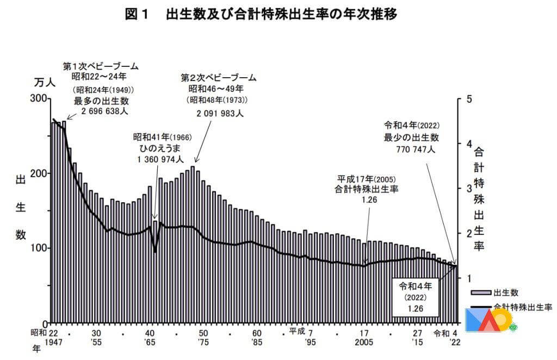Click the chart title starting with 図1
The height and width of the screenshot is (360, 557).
point(261,15)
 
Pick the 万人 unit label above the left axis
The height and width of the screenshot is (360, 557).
point(46,82)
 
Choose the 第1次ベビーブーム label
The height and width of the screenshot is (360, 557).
point(101,66)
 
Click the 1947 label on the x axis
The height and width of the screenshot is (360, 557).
point(53,343)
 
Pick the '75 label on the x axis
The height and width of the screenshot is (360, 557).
point(202,343)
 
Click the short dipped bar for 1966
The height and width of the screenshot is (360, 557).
point(155,272)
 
